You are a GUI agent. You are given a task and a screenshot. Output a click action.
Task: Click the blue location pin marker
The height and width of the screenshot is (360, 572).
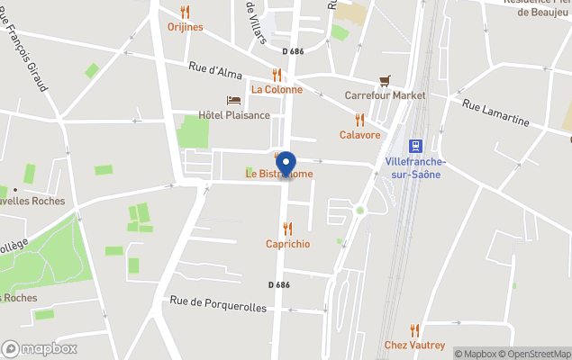[x=286, y=165]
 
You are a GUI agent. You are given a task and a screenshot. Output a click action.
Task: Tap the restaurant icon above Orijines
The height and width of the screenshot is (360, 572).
[x=186, y=13]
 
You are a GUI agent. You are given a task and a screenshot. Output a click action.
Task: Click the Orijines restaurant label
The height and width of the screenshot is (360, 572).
[x=186, y=27]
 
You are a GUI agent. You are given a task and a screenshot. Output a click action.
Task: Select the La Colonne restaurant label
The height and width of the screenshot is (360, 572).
[x=277, y=89]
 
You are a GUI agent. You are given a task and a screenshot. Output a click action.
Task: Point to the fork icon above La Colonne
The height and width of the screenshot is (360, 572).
[x=277, y=76]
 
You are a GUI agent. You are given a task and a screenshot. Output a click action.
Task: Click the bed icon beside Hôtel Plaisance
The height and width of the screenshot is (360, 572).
[x=233, y=101]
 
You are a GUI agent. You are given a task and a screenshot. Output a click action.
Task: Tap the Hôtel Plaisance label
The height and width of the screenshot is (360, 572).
[x=234, y=115]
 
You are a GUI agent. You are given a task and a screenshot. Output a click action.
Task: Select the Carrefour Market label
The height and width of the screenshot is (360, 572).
[x=386, y=94]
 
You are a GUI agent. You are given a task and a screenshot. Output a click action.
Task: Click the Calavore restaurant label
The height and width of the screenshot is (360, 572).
[x=359, y=134]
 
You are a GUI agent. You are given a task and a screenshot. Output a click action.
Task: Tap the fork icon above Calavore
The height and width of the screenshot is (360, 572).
[x=359, y=120]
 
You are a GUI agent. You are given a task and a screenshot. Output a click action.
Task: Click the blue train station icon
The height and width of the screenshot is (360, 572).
[x=415, y=145]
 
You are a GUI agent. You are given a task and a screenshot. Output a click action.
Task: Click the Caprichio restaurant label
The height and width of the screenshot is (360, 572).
[x=288, y=244]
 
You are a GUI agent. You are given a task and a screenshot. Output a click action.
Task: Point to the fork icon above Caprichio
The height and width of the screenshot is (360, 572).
[x=288, y=229]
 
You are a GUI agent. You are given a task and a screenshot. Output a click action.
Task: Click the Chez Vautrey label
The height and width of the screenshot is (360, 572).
[x=414, y=345]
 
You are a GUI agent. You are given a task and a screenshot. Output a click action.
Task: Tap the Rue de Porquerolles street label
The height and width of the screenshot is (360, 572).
[x=219, y=307]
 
